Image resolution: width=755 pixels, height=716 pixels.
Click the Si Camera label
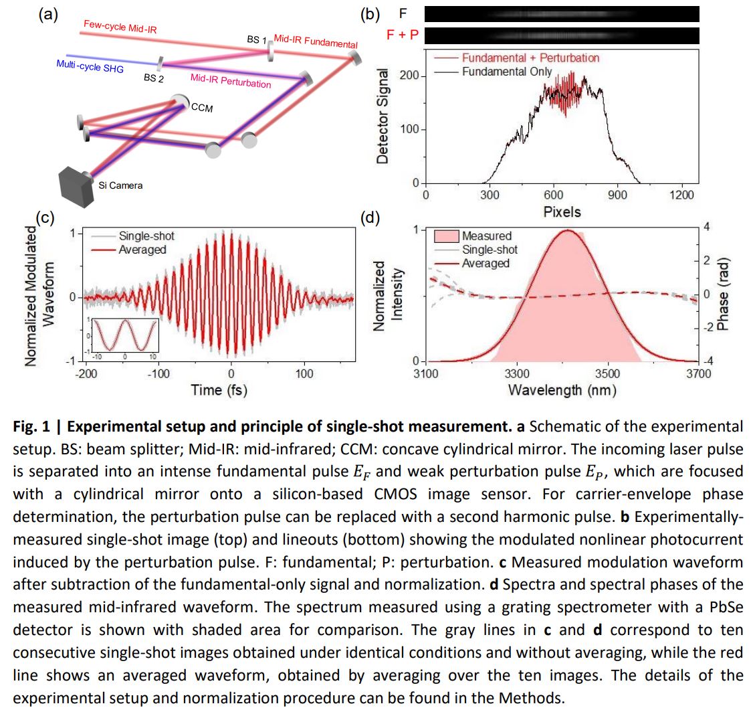120,185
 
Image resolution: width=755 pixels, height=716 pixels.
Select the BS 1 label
257,39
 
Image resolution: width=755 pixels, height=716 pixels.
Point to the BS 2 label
154,78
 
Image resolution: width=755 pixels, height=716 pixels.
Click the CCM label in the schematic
202,108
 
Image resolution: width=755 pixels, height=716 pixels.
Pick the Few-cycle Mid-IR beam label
120,27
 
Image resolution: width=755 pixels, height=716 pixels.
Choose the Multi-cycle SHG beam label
90,65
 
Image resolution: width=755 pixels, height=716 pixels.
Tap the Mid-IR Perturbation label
231,80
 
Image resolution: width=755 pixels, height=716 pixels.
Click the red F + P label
403,34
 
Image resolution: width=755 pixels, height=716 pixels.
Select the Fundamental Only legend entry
507,72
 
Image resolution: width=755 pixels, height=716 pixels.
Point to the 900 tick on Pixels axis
617,195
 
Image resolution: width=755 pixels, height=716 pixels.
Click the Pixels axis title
562,212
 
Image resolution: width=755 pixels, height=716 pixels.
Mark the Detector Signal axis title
383,116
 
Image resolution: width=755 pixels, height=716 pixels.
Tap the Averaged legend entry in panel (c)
142,250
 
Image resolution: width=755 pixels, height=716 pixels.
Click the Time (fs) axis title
219,390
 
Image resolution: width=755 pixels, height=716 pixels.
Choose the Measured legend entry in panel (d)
486,236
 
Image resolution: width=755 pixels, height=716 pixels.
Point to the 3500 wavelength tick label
607,373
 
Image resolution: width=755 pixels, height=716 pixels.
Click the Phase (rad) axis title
723,294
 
